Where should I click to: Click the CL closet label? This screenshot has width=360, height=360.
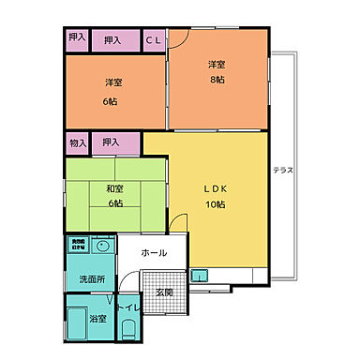coord(154,40)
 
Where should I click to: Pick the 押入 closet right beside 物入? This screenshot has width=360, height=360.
coord(112,142)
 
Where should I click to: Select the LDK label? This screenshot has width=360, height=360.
coord(216,186)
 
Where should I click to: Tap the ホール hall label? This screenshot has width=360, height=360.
coord(155,253)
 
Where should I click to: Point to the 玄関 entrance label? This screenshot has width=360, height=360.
coord(164,292)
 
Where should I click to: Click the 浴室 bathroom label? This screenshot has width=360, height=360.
coord(97,320)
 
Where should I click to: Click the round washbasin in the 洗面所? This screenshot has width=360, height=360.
coord(104,247)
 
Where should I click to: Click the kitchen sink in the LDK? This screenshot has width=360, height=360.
coord(200,276)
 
